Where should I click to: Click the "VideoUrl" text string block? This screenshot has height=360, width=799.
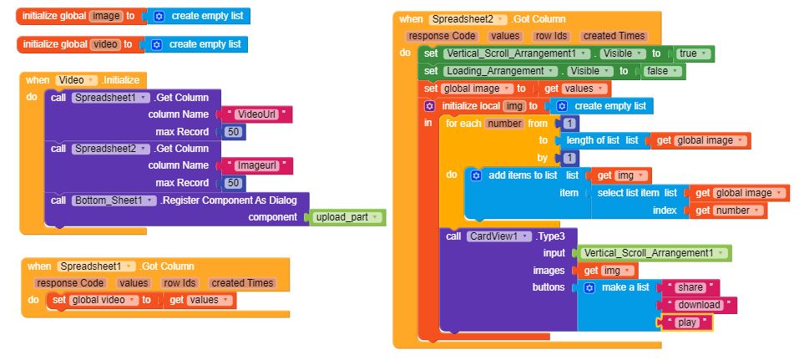point(255,114)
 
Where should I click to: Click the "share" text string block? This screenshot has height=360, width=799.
point(690,287)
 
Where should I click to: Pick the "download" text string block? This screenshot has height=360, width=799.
point(698,305)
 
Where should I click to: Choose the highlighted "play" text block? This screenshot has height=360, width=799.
point(686,322)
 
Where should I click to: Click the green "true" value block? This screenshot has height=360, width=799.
point(695,53)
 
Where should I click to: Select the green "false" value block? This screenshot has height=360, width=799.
point(662,71)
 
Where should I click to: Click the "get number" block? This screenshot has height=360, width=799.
point(728,210)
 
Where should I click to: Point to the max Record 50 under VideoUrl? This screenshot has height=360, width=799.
point(234,132)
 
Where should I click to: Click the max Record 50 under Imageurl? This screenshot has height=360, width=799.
point(234,183)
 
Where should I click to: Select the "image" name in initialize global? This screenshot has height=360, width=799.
point(106,17)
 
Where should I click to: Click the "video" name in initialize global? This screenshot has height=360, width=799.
point(105,44)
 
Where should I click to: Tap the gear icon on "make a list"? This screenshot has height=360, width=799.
point(589,287)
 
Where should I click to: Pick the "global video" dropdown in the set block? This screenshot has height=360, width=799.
point(104,300)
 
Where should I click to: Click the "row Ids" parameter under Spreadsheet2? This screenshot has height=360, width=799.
point(551,36)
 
